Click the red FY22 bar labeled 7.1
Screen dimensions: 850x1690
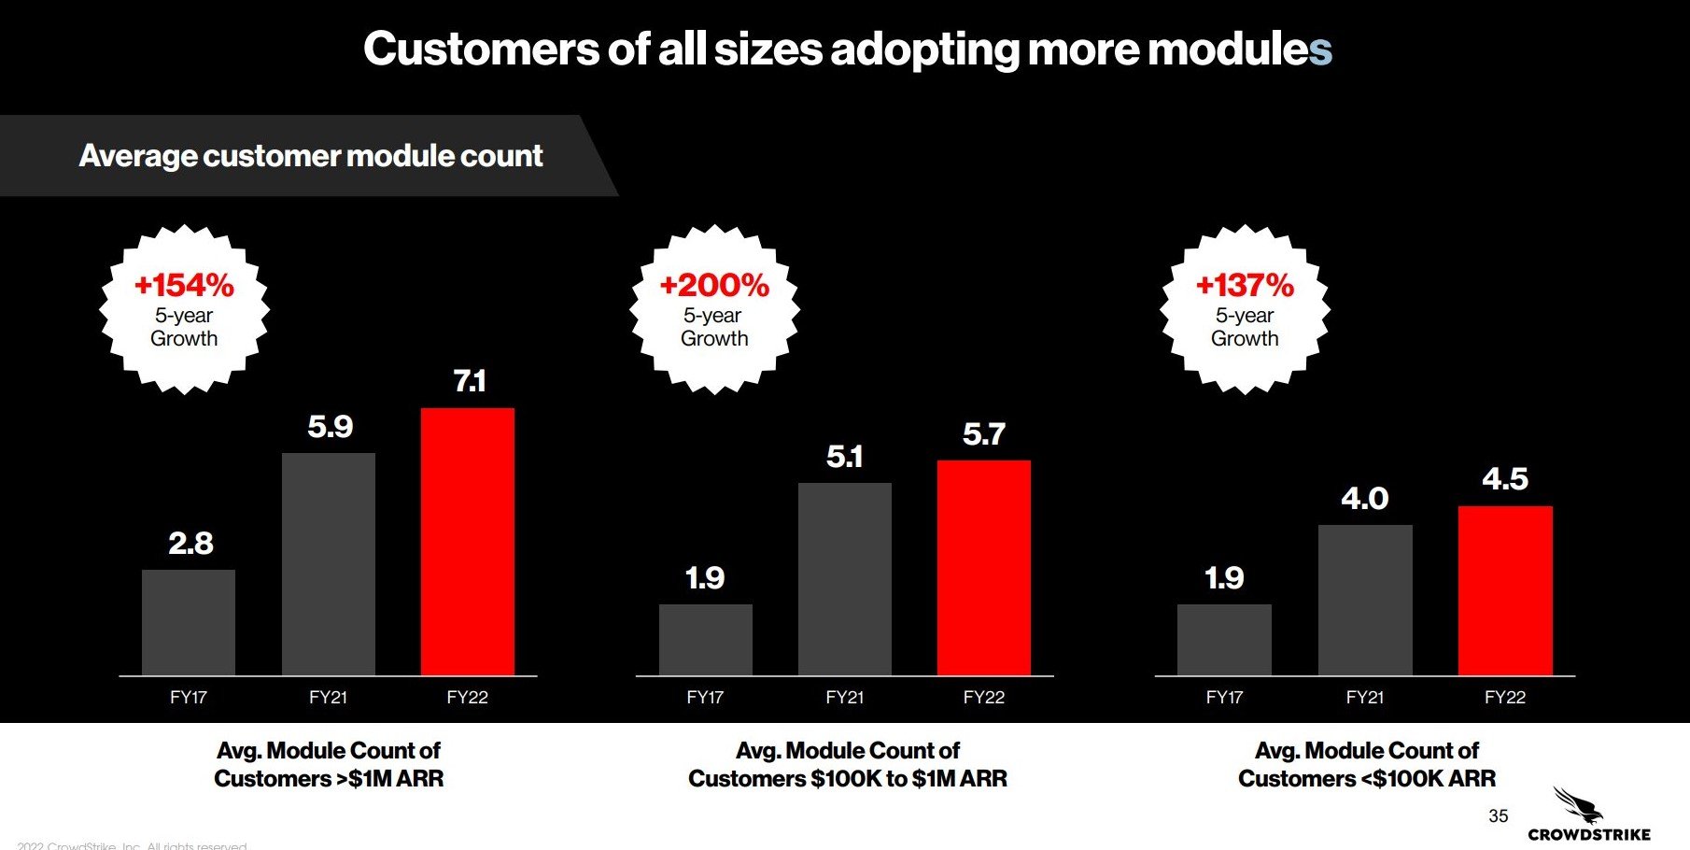tap(467, 542)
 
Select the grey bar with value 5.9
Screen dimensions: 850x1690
tap(329, 564)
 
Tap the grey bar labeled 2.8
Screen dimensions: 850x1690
tap(189, 622)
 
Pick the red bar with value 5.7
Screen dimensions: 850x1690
tap(984, 568)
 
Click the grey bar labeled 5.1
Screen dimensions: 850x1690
tap(845, 579)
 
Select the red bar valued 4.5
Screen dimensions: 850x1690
tap(1505, 590)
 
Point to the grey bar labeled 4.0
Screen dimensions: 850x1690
tap(1365, 600)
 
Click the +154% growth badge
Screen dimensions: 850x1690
tap(184, 309)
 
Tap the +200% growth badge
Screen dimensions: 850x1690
tap(714, 309)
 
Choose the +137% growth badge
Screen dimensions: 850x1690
tap(1245, 309)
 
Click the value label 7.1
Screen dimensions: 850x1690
tap(469, 381)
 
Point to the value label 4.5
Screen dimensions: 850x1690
tap(1505, 479)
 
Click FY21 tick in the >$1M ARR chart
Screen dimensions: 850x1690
tap(328, 697)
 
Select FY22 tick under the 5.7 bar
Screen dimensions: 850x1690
tap(984, 697)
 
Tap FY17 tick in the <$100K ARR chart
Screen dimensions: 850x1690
tap(1224, 697)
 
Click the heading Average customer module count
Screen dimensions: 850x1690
tap(310, 155)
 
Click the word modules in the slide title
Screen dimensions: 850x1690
tap(1239, 49)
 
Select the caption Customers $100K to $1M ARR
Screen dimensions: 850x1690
tap(847, 778)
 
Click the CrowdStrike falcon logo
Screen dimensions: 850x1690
tap(1578, 804)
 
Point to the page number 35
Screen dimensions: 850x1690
tap(1498, 815)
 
